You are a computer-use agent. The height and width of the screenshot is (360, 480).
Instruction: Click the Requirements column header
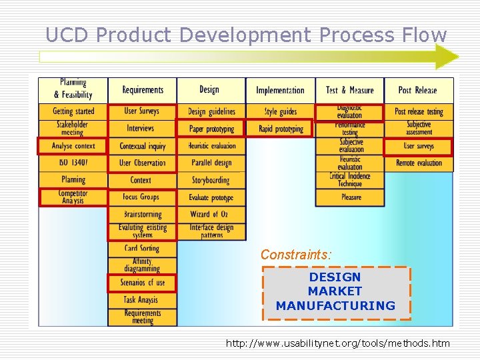click(143, 90)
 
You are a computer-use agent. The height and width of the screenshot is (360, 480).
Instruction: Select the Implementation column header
click(280, 90)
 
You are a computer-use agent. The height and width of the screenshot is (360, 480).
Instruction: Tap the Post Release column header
click(418, 90)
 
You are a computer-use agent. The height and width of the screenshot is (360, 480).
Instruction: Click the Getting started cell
click(73, 111)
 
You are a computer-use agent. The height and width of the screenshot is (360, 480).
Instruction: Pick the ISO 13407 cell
click(73, 163)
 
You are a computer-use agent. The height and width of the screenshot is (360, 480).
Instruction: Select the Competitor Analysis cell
click(73, 197)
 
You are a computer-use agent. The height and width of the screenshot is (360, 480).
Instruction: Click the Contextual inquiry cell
click(143, 146)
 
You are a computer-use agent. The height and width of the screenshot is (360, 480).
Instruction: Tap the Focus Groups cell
click(143, 197)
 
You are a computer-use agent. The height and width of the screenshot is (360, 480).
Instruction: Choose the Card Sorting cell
click(143, 248)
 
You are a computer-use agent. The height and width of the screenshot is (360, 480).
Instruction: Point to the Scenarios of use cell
click(143, 283)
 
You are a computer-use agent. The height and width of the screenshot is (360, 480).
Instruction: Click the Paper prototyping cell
click(211, 129)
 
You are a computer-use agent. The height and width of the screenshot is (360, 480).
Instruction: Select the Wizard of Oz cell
click(211, 214)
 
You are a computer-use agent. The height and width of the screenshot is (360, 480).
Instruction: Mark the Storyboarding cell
click(211, 180)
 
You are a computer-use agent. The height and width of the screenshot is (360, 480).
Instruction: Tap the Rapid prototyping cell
click(281, 129)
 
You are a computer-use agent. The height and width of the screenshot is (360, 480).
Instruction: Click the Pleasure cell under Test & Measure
click(350, 197)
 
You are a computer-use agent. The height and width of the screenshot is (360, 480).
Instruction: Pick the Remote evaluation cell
click(419, 163)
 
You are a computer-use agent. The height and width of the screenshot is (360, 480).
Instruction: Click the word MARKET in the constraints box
click(335, 291)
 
